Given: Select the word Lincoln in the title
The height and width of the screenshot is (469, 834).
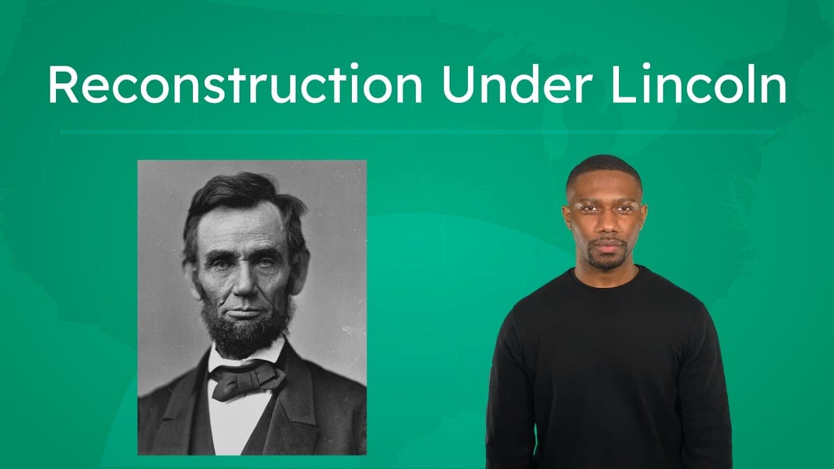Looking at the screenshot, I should point(698,85).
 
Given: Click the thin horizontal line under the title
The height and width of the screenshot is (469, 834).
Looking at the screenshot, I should point(417,132).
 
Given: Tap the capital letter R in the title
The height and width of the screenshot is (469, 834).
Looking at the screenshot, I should point(63,85).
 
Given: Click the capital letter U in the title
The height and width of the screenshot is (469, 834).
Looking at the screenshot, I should point(456,85).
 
